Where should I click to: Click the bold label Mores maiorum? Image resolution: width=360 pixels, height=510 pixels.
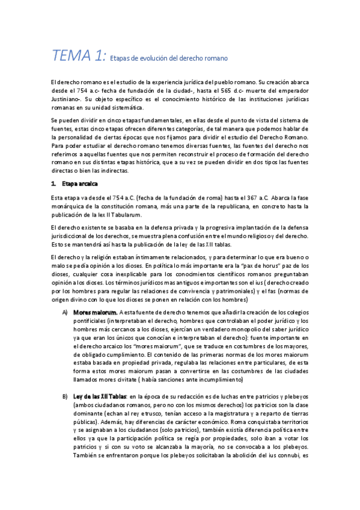(95, 312)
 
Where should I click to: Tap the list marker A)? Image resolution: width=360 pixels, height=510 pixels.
(65, 312)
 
